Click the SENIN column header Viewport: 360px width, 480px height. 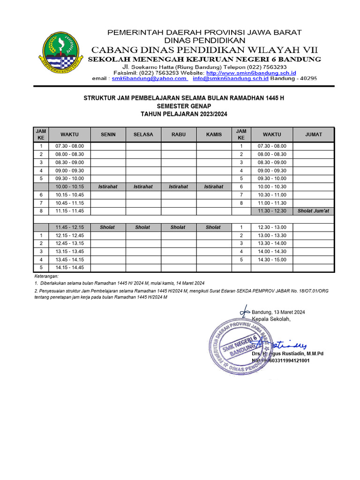click(108, 135)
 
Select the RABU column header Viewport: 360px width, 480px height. click(179, 135)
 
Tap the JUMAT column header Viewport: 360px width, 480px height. click(314, 135)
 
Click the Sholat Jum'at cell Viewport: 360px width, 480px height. click(314, 211)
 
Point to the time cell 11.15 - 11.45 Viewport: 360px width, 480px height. click(69, 211)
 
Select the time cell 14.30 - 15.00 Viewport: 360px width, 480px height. click(272, 260)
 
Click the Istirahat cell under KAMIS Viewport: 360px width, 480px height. click(214, 187)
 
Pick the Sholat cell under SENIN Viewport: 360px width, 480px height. click(107, 227)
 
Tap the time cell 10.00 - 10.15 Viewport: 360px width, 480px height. click(69, 187)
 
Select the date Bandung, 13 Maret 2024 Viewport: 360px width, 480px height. click(278, 312)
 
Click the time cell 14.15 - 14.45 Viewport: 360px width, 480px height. click(69, 268)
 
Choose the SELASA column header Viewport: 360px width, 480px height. click(143, 135)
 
